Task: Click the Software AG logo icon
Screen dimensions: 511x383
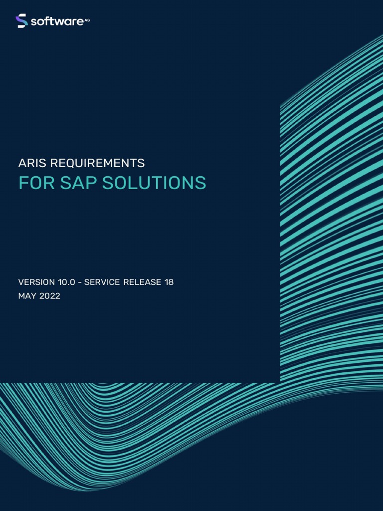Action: [21, 21]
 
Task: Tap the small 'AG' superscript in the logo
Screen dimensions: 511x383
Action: [87, 19]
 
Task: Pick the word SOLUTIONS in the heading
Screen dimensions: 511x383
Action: [154, 183]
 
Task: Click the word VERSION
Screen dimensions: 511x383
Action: [36, 282]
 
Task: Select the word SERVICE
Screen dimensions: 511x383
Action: [102, 282]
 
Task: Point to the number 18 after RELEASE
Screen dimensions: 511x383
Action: [169, 282]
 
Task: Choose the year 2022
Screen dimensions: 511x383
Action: [49, 296]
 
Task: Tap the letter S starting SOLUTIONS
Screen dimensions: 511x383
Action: [108, 183]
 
